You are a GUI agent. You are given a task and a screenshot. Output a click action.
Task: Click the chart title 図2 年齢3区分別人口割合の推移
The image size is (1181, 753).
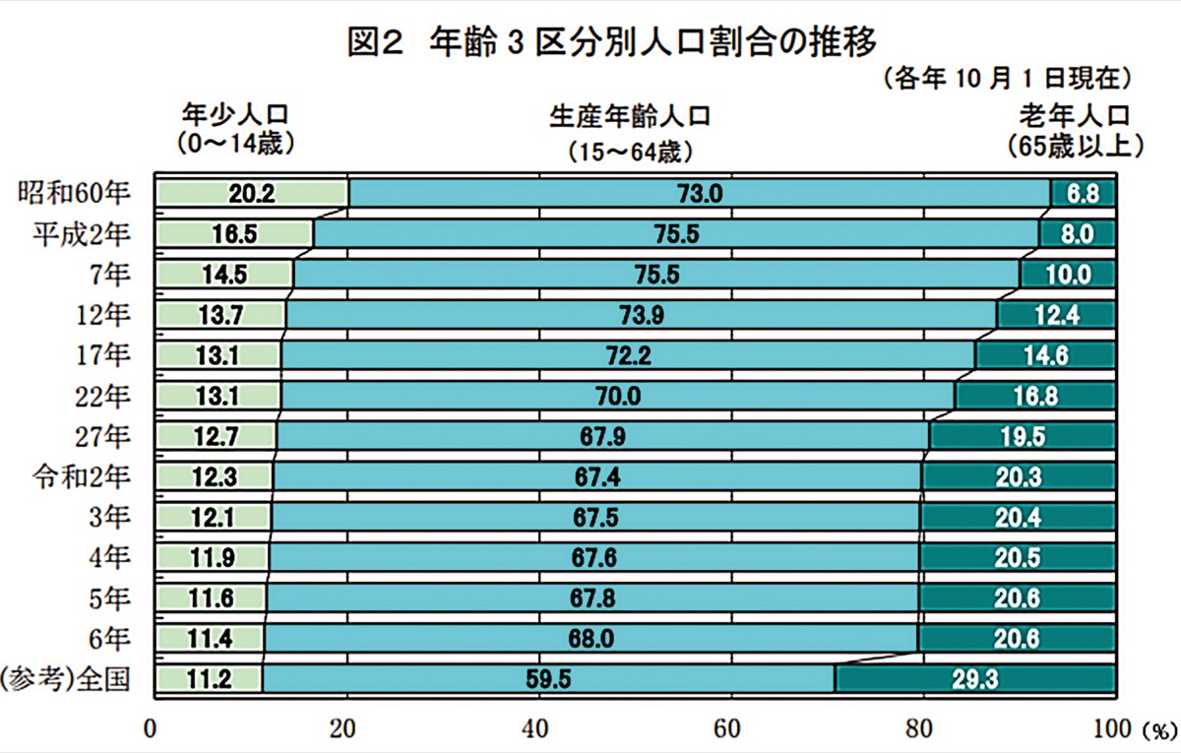pos(611,45)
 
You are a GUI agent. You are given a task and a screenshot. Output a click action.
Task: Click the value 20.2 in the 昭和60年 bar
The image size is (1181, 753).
pos(251,194)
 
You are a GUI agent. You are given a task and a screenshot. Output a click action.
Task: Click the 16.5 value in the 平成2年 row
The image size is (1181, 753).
pos(233,234)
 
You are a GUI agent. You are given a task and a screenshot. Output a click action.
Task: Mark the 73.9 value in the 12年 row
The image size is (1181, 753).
pos(641,315)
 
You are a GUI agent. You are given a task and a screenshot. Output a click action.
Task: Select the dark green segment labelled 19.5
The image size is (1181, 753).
pos(1023,436)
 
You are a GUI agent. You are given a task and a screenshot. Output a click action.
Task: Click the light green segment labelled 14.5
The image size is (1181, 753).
pos(224,275)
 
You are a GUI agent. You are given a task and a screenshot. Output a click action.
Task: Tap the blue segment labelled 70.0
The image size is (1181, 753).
pos(618,396)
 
